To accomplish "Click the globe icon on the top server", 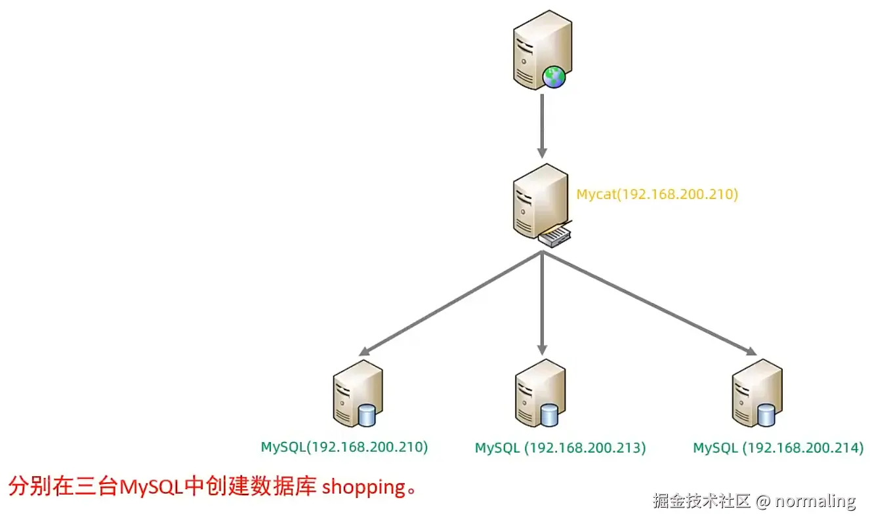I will point(554,77).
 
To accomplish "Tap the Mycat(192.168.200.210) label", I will point(657,194).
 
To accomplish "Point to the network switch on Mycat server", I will point(556,235).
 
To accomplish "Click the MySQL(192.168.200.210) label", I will point(344,447).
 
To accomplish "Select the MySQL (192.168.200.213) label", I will point(560,448).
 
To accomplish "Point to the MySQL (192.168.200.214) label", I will point(778,448).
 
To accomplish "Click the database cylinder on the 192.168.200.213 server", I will point(548,415).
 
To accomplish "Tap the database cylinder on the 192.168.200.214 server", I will point(765,415).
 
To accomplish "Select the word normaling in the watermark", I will point(815,502).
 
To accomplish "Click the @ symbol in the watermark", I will point(762,502).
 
